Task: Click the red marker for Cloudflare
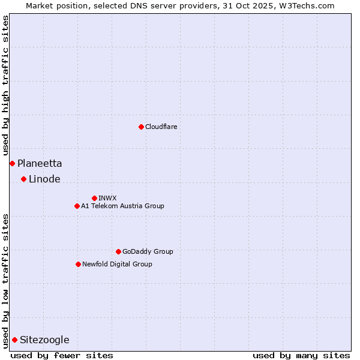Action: [x=141, y=127]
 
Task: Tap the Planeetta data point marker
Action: [x=12, y=163]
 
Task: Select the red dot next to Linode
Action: [x=23, y=179]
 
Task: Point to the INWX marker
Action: [x=94, y=198]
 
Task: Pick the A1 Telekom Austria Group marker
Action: [x=77, y=206]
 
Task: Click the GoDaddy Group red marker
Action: [x=118, y=251]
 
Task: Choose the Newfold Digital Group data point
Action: [x=78, y=264]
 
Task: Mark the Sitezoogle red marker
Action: [x=14, y=340]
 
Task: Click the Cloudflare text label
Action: [x=161, y=127]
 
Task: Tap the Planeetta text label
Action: [x=40, y=163]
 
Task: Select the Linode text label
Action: [x=44, y=179]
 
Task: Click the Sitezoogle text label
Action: [x=44, y=340]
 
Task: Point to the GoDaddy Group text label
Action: [x=148, y=251]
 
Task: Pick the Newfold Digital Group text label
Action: [x=117, y=264]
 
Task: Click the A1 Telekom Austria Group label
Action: [x=122, y=206]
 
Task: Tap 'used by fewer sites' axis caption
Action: [x=62, y=355]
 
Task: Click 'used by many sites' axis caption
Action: [x=301, y=355]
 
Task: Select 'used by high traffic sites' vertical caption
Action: [x=5, y=85]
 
